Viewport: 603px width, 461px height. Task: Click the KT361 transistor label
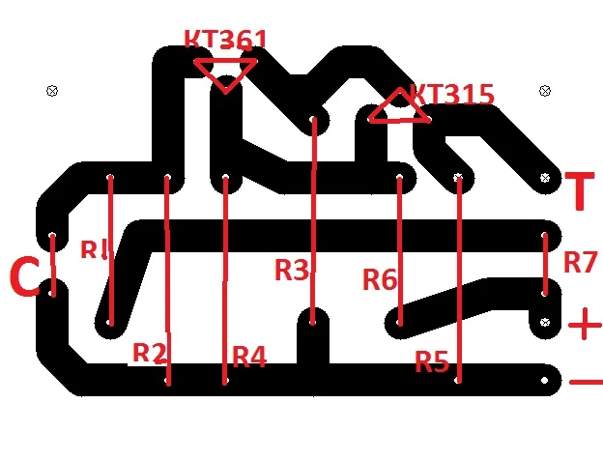click(x=226, y=40)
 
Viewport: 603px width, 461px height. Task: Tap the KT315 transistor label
click(x=451, y=95)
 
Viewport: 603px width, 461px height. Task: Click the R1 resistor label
click(x=94, y=250)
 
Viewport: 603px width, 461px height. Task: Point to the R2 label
click(x=149, y=353)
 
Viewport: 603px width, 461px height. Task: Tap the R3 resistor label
click(x=292, y=270)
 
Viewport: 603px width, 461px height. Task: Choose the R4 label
click(x=249, y=357)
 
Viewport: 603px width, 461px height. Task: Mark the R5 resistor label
click(x=432, y=361)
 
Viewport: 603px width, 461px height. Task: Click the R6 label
click(x=380, y=279)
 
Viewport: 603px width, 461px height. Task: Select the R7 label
click(x=581, y=262)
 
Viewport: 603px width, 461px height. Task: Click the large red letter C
click(x=24, y=276)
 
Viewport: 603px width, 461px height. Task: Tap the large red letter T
click(x=580, y=191)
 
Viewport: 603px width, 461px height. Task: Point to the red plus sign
click(x=585, y=324)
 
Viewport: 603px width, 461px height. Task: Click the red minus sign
click(x=586, y=382)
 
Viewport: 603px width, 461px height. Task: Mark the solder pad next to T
click(x=545, y=178)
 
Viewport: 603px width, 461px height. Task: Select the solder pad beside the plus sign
click(x=545, y=322)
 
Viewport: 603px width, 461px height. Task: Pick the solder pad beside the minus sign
click(x=544, y=380)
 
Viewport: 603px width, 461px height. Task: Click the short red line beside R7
click(x=545, y=264)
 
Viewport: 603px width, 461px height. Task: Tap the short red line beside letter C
click(x=53, y=265)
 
